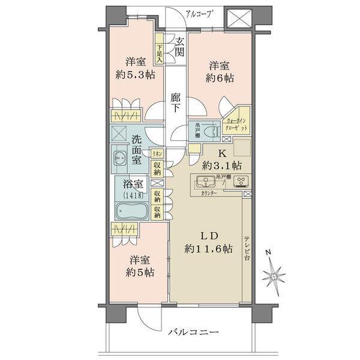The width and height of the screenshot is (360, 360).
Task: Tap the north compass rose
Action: [275, 275]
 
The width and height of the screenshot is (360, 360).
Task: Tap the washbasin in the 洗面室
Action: [118, 157]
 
